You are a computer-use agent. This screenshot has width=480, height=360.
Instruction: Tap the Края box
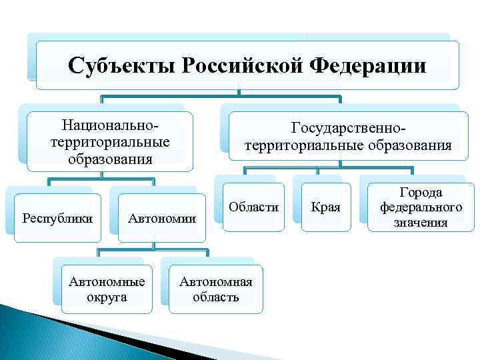pos(326,207)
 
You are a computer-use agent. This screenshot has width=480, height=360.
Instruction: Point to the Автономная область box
pos(215,289)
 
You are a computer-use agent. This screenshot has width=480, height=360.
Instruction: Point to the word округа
pos(107,297)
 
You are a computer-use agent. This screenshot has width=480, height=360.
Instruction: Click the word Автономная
pos(215,281)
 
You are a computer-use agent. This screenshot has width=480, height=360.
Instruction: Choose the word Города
pos(421,193)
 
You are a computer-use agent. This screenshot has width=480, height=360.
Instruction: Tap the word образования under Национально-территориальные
pos(110,159)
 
